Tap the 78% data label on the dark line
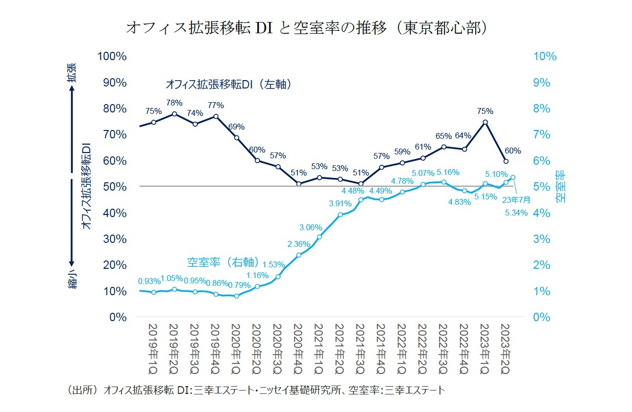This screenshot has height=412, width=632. (x=174, y=103)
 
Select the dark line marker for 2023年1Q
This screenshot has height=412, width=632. (x=485, y=122)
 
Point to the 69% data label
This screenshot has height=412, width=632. (x=236, y=127)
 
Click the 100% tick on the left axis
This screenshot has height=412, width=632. (x=112, y=57)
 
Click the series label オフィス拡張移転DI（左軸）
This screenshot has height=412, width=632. (x=229, y=85)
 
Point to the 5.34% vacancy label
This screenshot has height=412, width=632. (x=516, y=213)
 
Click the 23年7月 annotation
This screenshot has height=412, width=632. (x=516, y=199)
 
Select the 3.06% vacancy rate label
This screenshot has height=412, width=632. (x=311, y=227)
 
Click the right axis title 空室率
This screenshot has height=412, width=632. (x=561, y=186)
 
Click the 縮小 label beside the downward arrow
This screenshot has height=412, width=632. (x=72, y=279)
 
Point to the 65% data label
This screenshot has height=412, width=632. (x=443, y=136)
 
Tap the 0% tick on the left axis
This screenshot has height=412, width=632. (x=117, y=317)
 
